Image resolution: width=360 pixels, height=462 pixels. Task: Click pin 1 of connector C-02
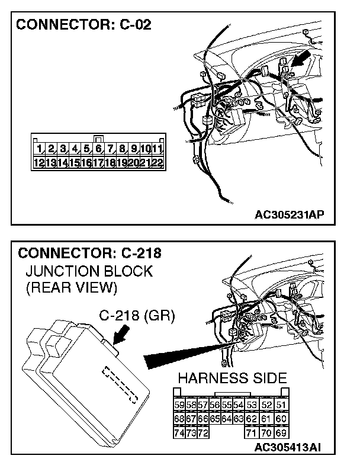39,149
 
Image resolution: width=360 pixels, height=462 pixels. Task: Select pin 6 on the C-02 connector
99,149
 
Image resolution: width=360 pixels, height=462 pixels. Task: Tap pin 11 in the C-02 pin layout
158,149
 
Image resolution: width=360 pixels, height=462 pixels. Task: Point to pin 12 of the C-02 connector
39,162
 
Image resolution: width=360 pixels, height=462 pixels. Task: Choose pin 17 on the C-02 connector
99,162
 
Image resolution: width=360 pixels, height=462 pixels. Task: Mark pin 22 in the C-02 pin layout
158,162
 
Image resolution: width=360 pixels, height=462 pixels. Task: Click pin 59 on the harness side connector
179,405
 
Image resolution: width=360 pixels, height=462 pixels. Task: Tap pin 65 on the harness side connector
215,419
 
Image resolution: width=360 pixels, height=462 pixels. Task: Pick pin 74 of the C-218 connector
179,433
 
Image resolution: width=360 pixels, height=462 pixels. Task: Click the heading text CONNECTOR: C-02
83,25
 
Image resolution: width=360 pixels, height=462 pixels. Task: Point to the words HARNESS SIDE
233,378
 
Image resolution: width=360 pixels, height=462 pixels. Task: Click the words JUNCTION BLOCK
89,272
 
